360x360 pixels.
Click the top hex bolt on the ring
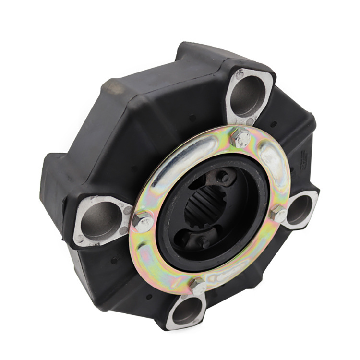[x=240, y=138]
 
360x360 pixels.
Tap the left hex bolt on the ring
[x=142, y=221]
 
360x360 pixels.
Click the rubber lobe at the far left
[x=55, y=187]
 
